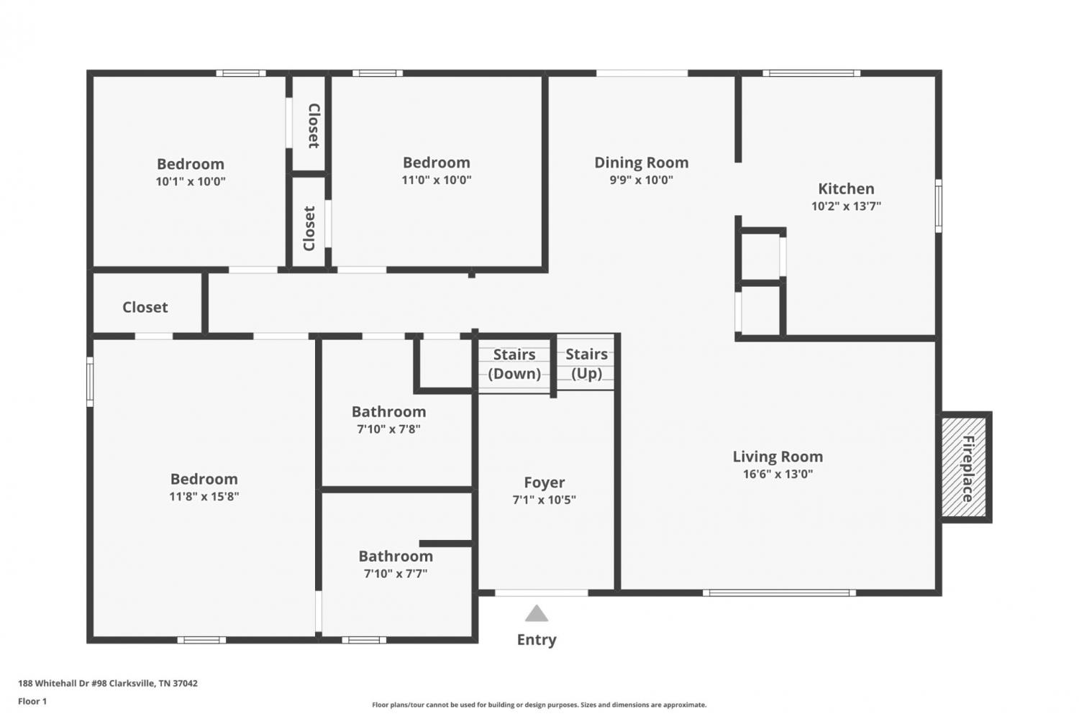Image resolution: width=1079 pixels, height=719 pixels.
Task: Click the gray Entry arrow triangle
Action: point(537,613)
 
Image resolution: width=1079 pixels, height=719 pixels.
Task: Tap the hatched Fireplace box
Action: point(965,467)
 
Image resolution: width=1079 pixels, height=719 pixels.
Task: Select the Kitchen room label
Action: point(846,188)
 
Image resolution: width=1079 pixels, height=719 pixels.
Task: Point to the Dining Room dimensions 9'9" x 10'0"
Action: point(641,180)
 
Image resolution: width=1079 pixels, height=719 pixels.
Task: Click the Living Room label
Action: point(778,457)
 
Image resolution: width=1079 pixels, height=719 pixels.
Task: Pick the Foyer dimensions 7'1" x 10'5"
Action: point(545,500)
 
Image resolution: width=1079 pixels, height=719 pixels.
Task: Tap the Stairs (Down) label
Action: point(514,364)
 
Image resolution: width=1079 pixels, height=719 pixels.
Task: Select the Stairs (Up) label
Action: point(587,364)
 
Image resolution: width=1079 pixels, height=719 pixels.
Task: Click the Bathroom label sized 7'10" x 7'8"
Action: point(388,412)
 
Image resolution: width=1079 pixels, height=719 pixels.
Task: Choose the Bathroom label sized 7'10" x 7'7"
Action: point(396,557)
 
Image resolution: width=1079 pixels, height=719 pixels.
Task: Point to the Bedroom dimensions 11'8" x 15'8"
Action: point(204,497)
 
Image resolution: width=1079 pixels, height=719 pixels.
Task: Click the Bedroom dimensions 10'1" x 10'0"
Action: point(191,182)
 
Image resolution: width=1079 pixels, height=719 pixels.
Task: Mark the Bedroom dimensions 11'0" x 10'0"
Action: point(437,180)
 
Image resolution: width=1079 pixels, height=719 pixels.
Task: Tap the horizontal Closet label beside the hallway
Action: point(145,307)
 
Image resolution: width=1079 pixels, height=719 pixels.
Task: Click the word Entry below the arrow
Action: point(537,639)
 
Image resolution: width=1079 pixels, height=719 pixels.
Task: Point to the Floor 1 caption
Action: point(32,701)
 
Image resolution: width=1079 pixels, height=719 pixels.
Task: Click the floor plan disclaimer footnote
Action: point(539,705)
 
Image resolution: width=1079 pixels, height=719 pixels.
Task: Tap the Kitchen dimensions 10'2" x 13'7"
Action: point(846,206)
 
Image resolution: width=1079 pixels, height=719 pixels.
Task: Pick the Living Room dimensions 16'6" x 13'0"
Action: point(778,474)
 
